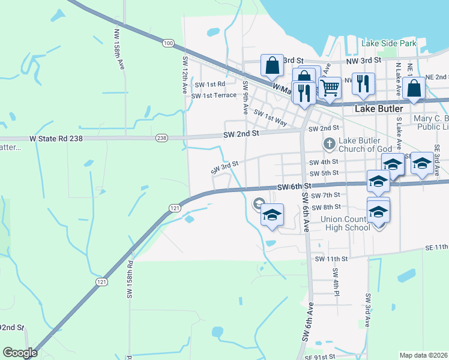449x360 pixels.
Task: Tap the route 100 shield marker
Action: point(168,43)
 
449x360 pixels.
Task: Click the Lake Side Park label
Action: point(388,44)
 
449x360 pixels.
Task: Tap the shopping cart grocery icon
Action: point(330,88)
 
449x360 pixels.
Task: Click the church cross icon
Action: point(329,144)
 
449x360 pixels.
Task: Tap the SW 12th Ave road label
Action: point(185,74)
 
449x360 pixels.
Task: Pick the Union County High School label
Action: point(347,223)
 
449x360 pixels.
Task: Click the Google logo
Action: point(20,353)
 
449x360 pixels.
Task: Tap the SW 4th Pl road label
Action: point(336,281)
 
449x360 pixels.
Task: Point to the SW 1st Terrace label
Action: point(214,96)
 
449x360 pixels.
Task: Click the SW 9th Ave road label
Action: point(246,98)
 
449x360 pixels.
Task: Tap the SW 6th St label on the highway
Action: point(293,188)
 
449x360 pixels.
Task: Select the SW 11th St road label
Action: point(331,259)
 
